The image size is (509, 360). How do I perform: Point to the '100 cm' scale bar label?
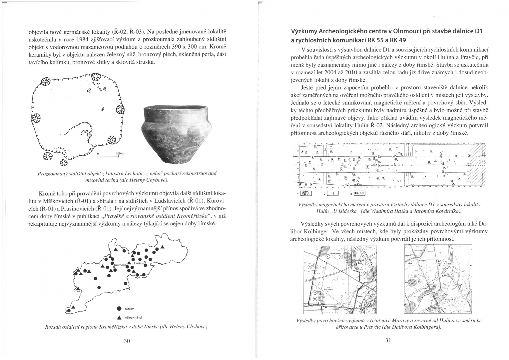[x=120, y=154]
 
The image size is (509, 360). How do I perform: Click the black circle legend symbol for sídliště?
[x=119, y=308]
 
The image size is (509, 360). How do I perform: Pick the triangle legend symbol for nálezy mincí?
[x=119, y=317]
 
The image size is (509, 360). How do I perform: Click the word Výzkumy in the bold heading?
[x=303, y=32]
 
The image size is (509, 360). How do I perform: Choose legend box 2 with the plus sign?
[x=333, y=193]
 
